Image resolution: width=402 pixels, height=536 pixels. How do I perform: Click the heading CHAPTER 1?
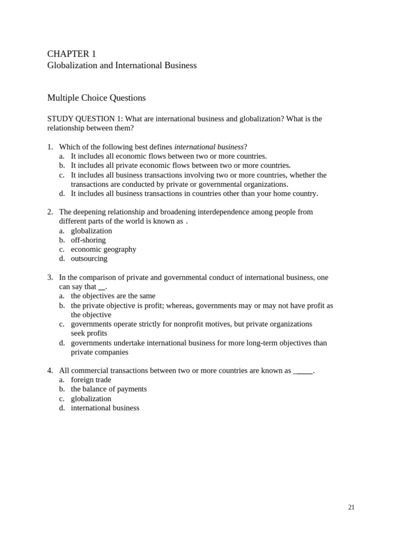(72, 54)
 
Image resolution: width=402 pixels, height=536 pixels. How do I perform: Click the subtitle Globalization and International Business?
(122, 65)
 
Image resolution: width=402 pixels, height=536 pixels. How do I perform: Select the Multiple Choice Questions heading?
(96, 98)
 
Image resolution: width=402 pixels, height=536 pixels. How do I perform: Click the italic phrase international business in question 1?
(209, 147)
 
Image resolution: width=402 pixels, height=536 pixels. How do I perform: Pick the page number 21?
(351, 507)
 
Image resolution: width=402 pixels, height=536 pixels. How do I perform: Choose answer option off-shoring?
(88, 240)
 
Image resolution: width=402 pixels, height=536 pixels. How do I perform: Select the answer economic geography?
(103, 249)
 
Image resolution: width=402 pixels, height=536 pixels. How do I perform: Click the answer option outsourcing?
(89, 259)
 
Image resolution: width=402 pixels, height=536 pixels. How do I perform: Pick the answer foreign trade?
(91, 380)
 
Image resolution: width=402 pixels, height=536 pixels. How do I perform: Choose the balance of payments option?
(108, 389)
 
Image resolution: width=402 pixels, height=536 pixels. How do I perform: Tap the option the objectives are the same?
(113, 296)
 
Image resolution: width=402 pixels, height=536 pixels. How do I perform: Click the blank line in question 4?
(303, 371)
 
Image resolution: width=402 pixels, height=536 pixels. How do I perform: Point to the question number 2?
(50, 212)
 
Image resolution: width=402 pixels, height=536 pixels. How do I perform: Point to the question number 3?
(50, 277)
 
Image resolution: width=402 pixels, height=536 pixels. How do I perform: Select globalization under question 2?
(91, 231)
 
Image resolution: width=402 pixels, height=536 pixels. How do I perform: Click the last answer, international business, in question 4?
(105, 408)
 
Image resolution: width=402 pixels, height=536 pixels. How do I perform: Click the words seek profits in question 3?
(89, 333)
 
